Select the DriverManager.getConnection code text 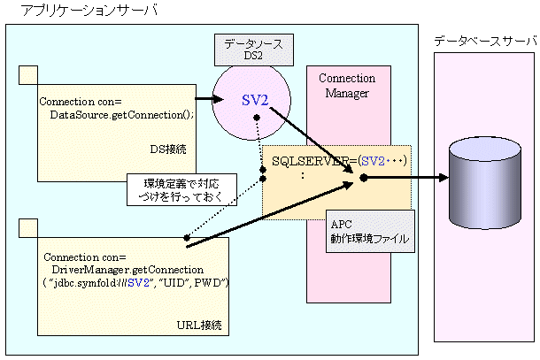click(x=128, y=268)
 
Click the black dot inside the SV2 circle click(x=256, y=119)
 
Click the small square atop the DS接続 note click(x=29, y=75)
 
